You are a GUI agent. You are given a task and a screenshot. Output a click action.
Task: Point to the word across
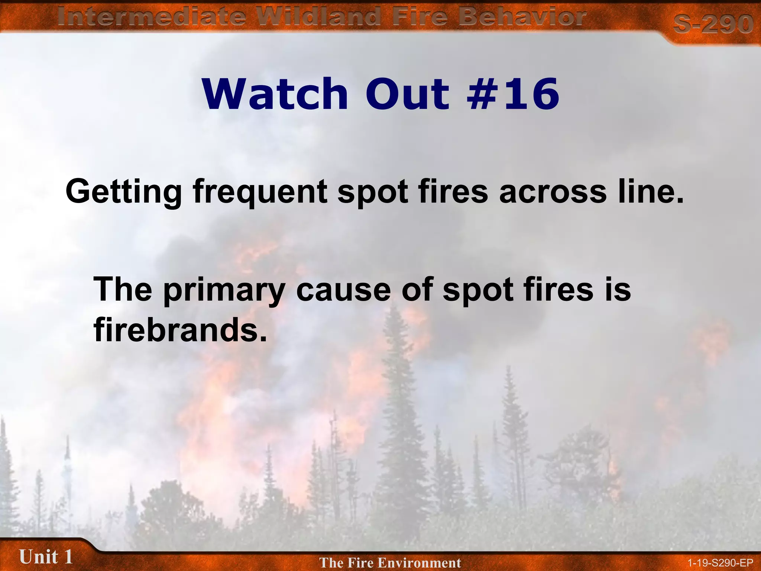[553, 191]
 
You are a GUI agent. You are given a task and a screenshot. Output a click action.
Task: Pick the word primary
[224, 291]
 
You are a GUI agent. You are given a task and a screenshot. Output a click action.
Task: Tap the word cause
[343, 291]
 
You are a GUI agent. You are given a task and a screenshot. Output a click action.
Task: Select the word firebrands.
[180, 329]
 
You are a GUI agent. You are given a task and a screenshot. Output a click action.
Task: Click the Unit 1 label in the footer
[46, 557]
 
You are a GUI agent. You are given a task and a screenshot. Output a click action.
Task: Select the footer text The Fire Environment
[390, 562]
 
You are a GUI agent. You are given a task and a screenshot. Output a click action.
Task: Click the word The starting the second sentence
[123, 290]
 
